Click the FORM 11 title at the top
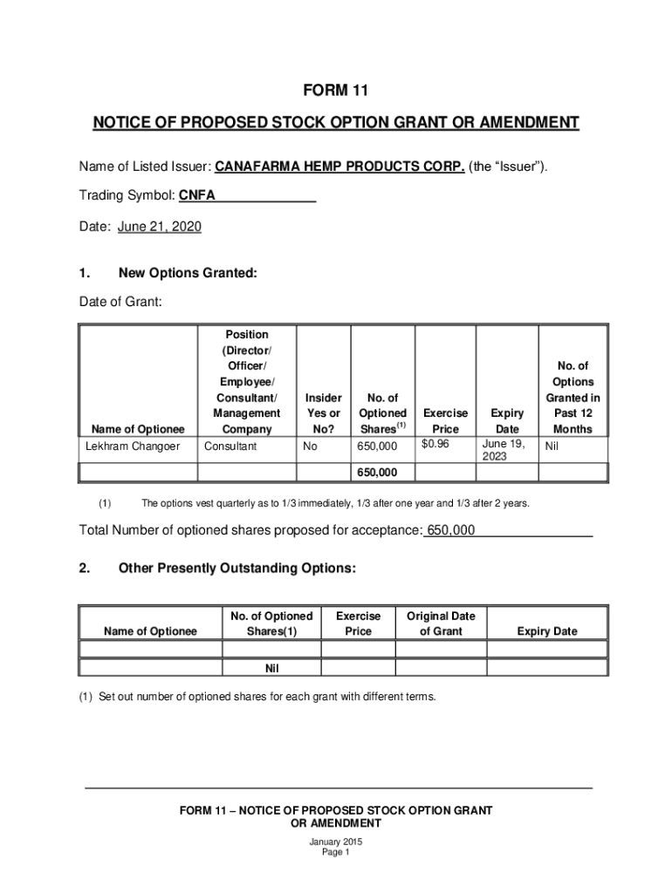pyautogui.click(x=336, y=91)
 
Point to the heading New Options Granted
pyautogui.click(x=188, y=274)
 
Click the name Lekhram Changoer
pyautogui.click(x=133, y=446)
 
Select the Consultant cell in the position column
pyautogui.click(x=230, y=446)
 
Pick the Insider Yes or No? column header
pyautogui.click(x=323, y=413)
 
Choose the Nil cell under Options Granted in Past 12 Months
pyautogui.click(x=552, y=446)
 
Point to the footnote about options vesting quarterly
pyautogui.click(x=335, y=504)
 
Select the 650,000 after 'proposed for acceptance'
pyautogui.click(x=451, y=531)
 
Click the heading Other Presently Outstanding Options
pyautogui.click(x=237, y=569)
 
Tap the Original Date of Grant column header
pyautogui.click(x=441, y=624)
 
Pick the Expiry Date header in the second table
pyautogui.click(x=547, y=631)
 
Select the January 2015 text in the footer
pyautogui.click(x=336, y=842)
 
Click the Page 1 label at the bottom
pyautogui.click(x=336, y=853)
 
